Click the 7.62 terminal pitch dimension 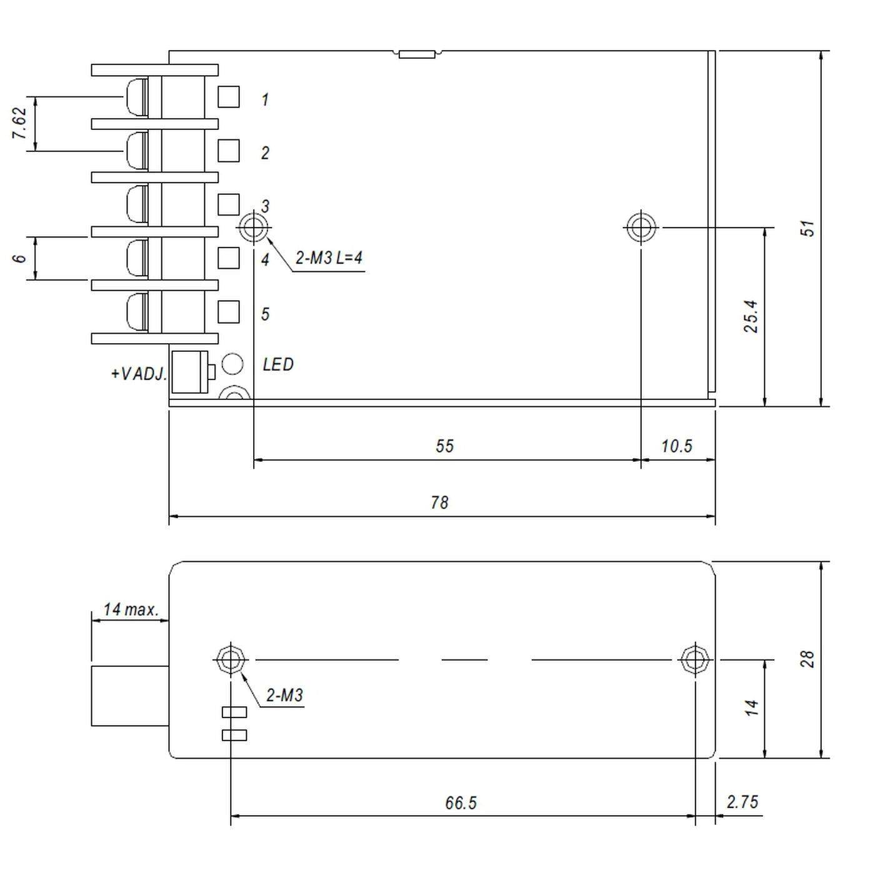pyautogui.click(x=20, y=124)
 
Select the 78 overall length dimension pyautogui.click(x=439, y=502)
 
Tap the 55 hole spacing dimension pyautogui.click(x=444, y=446)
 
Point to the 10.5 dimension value pyautogui.click(x=676, y=446)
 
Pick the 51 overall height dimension pyautogui.click(x=809, y=228)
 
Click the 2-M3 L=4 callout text pyautogui.click(x=329, y=257)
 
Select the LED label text pyautogui.click(x=277, y=364)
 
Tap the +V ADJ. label pyautogui.click(x=139, y=374)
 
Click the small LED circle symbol pyautogui.click(x=232, y=363)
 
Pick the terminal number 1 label pyautogui.click(x=265, y=99)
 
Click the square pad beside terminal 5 pyautogui.click(x=229, y=311)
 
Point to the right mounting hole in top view pyautogui.click(x=641, y=227)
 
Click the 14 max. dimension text pyautogui.click(x=131, y=609)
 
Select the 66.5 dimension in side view pyautogui.click(x=461, y=803)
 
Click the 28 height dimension pyautogui.click(x=807, y=659)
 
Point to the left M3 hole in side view pyautogui.click(x=231, y=659)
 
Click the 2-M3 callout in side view pyautogui.click(x=284, y=695)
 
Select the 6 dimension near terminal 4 pyautogui.click(x=20, y=258)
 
